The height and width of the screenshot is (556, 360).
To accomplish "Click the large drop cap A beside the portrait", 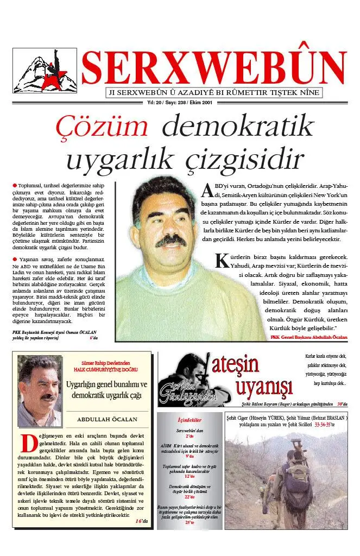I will [206, 190].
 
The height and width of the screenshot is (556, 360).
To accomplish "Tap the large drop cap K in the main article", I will [221, 260].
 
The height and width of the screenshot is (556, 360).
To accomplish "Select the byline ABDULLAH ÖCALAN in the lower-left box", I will [107, 419].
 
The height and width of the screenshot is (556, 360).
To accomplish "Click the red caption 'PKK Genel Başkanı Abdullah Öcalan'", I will [308, 337].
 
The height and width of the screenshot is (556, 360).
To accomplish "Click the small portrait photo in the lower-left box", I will [39, 386].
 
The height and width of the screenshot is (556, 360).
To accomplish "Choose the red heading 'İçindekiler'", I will [190, 420].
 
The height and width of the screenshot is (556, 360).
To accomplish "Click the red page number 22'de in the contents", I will [190, 497].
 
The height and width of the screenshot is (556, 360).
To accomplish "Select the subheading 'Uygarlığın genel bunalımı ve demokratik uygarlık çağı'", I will [107, 390].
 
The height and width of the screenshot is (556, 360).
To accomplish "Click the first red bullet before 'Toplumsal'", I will [15, 186].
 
